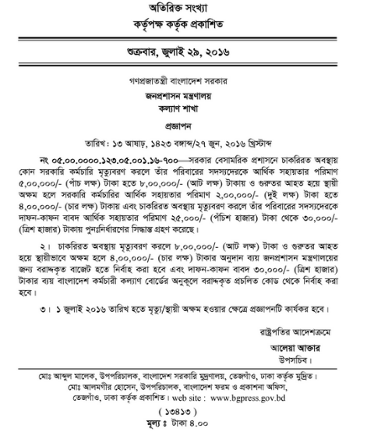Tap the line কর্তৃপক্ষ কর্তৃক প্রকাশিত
click(183, 29)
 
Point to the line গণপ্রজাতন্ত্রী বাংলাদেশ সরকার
click(183, 81)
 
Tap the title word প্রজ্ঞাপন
click(183, 129)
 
